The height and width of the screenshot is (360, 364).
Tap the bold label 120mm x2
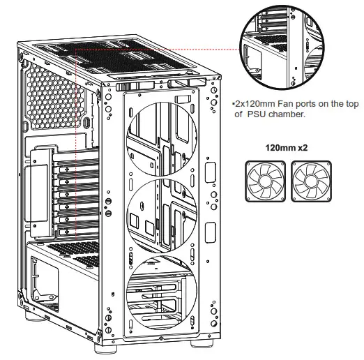[287, 149]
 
